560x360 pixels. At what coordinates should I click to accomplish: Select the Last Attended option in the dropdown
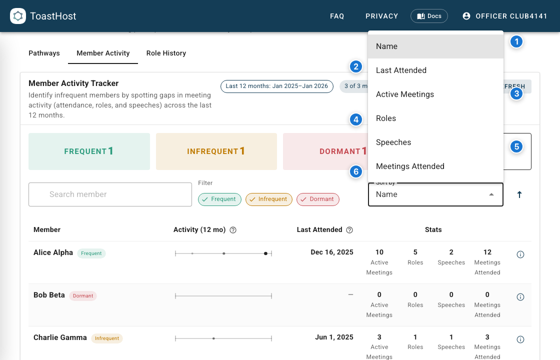pos(401,70)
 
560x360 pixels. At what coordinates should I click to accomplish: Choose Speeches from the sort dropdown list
pos(393,142)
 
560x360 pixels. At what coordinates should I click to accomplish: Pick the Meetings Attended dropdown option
pos(410,166)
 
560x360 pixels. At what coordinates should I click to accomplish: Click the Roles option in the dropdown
pos(386,118)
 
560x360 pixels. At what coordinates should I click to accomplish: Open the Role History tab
pos(166,53)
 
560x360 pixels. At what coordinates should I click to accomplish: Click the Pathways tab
pos(44,53)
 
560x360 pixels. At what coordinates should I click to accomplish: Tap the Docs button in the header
pos(429,16)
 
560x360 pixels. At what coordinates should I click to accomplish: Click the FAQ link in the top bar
pos(337,16)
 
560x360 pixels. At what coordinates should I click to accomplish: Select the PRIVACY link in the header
pos(381,16)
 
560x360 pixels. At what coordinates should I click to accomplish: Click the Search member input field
pos(110,194)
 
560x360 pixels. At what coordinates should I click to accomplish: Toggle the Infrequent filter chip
pos(269,199)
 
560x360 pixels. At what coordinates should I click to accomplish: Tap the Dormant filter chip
pos(317,199)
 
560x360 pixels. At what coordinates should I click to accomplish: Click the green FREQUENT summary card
pos(89,151)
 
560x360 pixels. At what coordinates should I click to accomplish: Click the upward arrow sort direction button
pos(519,194)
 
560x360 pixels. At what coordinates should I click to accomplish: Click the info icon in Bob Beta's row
pos(520,297)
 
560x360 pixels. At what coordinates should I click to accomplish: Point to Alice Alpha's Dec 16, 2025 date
pos(331,252)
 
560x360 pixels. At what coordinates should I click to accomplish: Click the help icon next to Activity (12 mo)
pos(233,230)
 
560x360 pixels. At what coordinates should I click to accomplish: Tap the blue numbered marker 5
pos(516,146)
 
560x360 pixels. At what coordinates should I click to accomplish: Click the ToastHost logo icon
pos(18,16)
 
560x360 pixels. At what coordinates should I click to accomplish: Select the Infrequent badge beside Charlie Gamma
pos(107,338)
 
